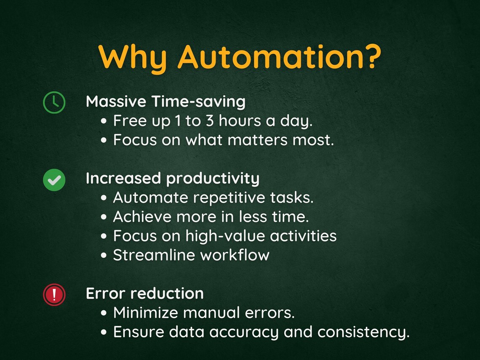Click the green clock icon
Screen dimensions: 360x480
click(x=54, y=103)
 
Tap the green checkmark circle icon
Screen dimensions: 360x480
click(x=54, y=180)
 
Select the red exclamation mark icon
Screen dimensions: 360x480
click(x=54, y=294)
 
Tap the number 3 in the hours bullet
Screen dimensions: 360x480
click(x=210, y=121)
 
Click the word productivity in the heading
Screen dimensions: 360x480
click(x=213, y=179)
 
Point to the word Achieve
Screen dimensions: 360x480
click(x=141, y=217)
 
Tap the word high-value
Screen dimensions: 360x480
click(x=225, y=236)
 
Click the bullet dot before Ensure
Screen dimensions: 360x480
click(x=104, y=332)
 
